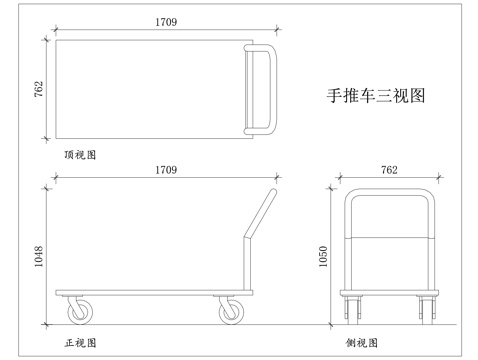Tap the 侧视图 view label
[361, 342]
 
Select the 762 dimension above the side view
[389, 171]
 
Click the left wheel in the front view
[78, 312]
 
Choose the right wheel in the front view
[230, 312]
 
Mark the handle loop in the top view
[262, 88]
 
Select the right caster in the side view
[425, 309]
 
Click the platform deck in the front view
[150, 293]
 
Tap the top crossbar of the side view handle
[389, 193]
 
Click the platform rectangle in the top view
[150, 88]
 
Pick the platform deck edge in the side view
[389, 293]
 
